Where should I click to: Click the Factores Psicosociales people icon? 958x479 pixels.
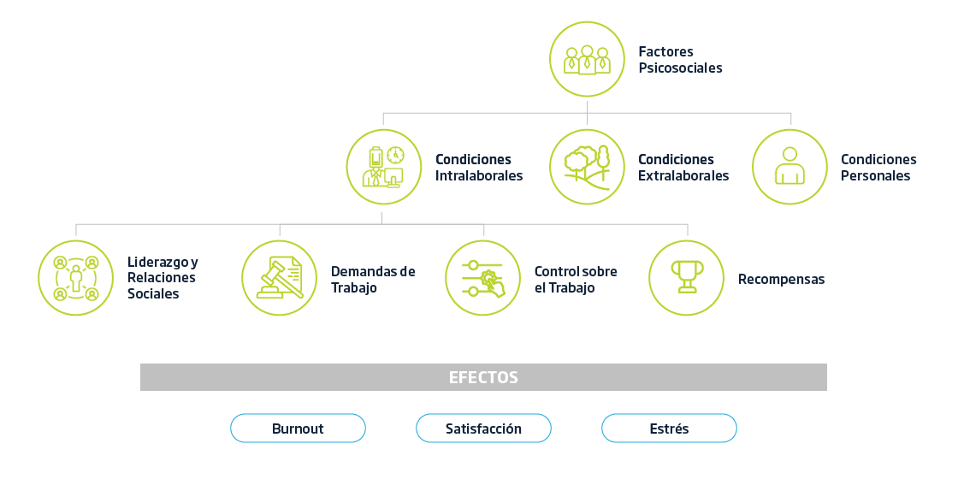tap(587, 59)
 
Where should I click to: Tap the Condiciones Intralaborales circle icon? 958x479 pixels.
tap(384, 167)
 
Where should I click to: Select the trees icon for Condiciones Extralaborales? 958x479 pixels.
tap(587, 167)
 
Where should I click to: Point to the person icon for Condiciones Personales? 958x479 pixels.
tap(790, 167)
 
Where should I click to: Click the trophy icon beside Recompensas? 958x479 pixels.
tap(687, 278)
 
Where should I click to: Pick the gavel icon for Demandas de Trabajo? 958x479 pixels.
tap(280, 278)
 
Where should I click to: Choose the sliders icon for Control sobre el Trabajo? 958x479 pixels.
tap(483, 278)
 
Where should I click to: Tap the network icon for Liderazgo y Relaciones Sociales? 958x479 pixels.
tap(76, 278)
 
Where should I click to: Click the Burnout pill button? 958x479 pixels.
tap(299, 429)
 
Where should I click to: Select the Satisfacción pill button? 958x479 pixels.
tap(484, 429)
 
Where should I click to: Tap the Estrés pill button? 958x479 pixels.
tap(669, 429)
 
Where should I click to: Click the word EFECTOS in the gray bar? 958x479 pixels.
tap(483, 377)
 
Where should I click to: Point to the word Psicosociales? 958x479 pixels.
tap(681, 68)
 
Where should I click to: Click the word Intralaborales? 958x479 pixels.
tap(479, 176)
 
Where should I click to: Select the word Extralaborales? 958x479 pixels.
tap(683, 176)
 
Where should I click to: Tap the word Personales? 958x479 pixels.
tap(876, 176)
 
